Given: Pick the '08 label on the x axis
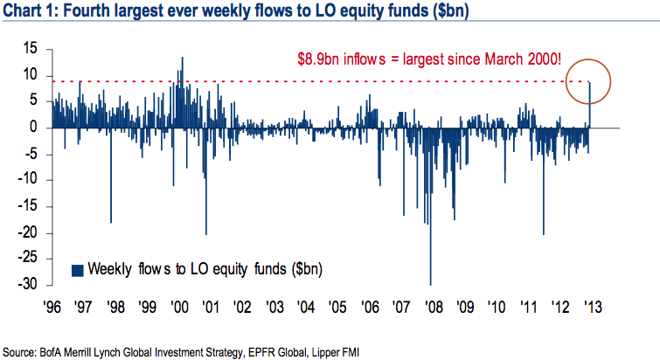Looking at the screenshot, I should point(429,307).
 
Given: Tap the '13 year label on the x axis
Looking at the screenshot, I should point(591,307).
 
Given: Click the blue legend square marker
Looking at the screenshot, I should point(77,268).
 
